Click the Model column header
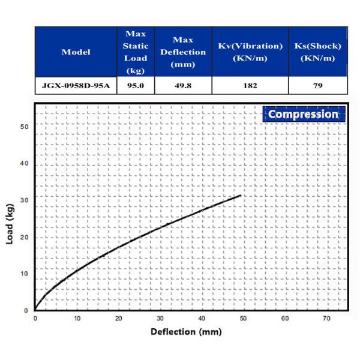coord(76,52)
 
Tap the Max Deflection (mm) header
coord(182,52)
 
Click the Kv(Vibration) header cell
coord(250,52)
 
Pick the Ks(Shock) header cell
coord(318,52)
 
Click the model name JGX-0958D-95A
coord(76,86)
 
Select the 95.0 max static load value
coord(135,86)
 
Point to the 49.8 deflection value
coord(182,86)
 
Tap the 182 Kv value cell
coord(250,86)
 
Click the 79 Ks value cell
coord(318,86)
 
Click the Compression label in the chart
coord(303,114)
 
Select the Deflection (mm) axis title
coord(186,331)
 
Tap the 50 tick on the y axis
coord(25,127)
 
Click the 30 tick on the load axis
coord(25,200)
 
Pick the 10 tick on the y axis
coord(25,274)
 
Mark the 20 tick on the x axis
coord(118,318)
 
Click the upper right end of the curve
coord(241,196)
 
